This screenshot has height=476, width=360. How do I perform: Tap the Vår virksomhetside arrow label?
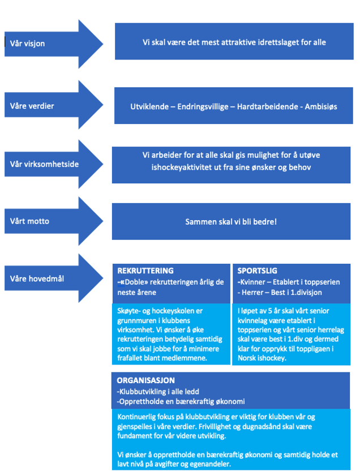[44, 164]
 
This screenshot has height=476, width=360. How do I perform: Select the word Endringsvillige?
[203, 106]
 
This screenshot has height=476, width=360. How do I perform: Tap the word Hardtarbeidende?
[267, 106]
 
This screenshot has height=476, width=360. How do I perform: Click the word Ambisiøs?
[321, 106]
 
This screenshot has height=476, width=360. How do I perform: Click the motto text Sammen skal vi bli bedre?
[231, 222]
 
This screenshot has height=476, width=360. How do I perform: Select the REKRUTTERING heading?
[145, 271]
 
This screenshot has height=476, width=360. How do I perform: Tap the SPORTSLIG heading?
[257, 271]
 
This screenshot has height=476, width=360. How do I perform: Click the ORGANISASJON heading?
[145, 380]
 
